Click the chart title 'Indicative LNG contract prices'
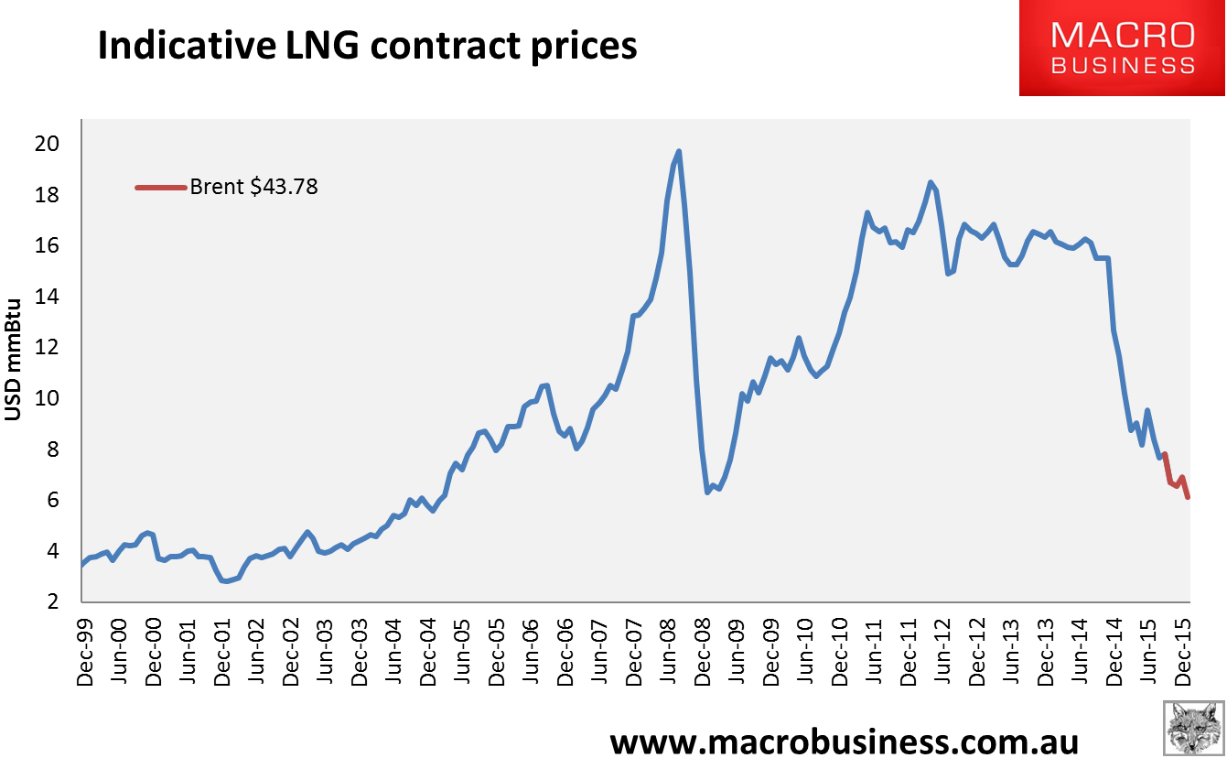[x=367, y=46]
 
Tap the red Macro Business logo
[x=1123, y=48]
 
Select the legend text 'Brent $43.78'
[x=254, y=188]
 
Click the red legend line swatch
[x=160, y=188]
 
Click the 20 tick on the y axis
[x=48, y=145]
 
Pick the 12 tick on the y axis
[x=48, y=348]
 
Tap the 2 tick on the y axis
[x=53, y=601]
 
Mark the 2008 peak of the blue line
[x=678, y=152]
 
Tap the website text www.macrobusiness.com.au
[x=845, y=740]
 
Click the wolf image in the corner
[x=1193, y=728]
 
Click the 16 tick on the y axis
[x=48, y=246]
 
